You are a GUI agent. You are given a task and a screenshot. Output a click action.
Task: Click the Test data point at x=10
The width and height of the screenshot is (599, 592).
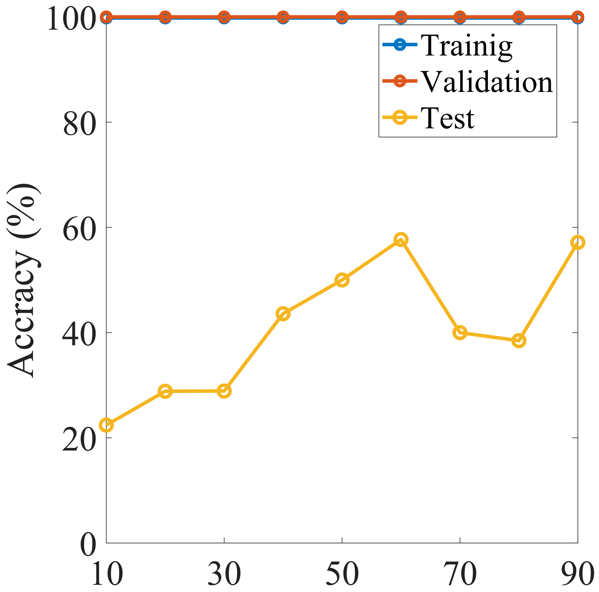(x=106, y=425)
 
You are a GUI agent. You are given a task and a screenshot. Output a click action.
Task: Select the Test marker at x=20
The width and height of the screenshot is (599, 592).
(x=165, y=391)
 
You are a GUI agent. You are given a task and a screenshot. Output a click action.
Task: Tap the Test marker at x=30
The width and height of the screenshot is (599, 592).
(x=224, y=391)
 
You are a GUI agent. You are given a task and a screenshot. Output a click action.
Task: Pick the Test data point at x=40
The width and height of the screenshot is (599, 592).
(x=283, y=314)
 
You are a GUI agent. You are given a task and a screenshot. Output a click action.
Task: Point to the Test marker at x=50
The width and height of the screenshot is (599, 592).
(x=342, y=280)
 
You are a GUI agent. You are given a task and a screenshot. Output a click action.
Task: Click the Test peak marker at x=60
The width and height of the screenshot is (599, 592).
(x=401, y=239)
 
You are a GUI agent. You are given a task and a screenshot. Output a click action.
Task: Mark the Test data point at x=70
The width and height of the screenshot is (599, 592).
(x=460, y=333)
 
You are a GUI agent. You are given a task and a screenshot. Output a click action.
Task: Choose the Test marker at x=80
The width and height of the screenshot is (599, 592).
(x=519, y=341)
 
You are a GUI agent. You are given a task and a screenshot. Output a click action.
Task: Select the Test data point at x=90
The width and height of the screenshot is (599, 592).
(x=577, y=242)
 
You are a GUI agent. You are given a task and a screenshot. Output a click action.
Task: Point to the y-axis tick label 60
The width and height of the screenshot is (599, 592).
(x=79, y=229)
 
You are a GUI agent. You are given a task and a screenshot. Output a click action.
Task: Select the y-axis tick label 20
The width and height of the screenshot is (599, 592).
(x=79, y=440)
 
